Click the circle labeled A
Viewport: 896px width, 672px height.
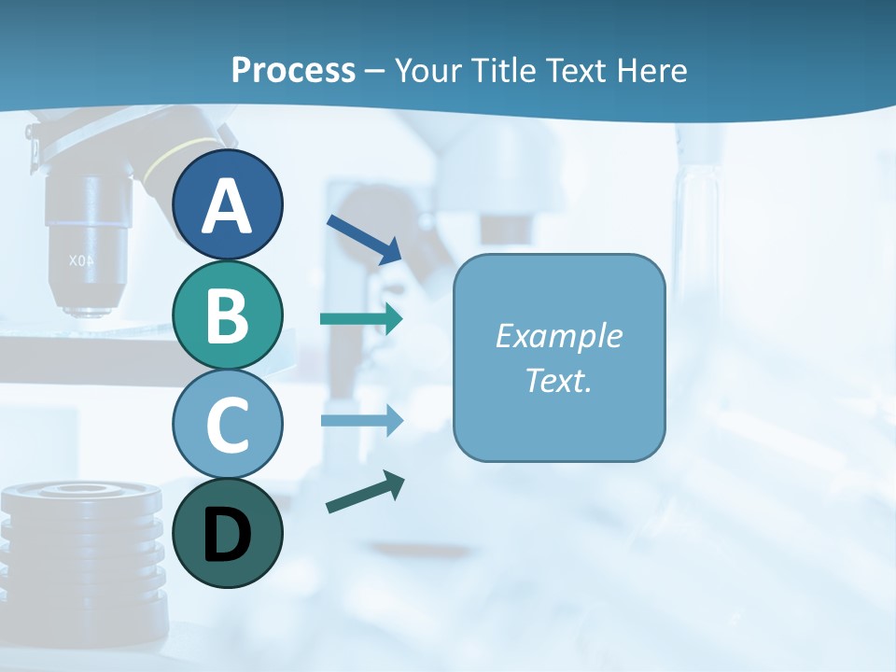pyautogui.click(x=228, y=205)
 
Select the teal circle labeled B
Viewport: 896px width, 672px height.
pyautogui.click(x=228, y=315)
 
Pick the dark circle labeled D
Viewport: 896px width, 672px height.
pyautogui.click(x=228, y=533)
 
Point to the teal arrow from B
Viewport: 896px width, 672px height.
pyautogui.click(x=361, y=319)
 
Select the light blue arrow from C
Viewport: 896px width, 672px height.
pyautogui.click(x=361, y=420)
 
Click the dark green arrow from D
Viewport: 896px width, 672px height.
pyautogui.click(x=365, y=492)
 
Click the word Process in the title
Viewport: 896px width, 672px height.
pyautogui.click(x=293, y=70)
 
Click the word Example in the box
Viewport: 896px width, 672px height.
pyautogui.click(x=558, y=336)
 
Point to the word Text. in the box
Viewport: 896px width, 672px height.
pyautogui.click(x=558, y=381)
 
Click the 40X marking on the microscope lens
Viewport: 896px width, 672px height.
pyautogui.click(x=83, y=261)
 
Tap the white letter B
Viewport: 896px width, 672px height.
pyautogui.click(x=228, y=315)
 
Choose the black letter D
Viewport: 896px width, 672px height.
pyautogui.click(x=228, y=535)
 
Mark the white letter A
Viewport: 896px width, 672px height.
pyautogui.click(x=228, y=205)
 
